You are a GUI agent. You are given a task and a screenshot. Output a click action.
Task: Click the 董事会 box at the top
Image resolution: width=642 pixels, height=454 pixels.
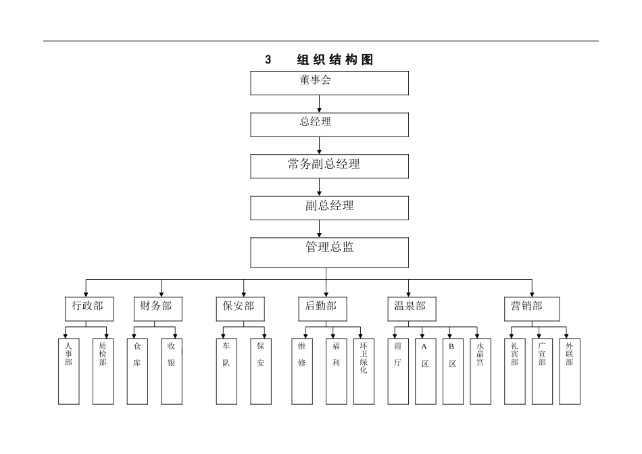point(330,82)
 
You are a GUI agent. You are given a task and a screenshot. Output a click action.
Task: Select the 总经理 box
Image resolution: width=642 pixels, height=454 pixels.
point(330,124)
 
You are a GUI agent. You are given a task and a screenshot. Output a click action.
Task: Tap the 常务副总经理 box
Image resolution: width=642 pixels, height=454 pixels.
point(330,166)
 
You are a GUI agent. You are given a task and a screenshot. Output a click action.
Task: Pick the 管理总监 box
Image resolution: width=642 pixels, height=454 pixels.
point(330,252)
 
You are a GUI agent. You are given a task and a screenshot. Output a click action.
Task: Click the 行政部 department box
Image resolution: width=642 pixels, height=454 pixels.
point(89,307)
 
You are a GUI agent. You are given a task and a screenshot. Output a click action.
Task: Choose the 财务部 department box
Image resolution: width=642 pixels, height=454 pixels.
point(156,307)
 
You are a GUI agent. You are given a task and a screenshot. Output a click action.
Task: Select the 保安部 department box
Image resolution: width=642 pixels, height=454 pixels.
point(239,307)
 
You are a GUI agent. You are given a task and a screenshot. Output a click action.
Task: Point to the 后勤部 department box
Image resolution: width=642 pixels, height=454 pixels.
point(322,307)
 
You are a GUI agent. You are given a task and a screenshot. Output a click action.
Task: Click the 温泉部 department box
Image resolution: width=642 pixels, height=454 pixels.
point(411,307)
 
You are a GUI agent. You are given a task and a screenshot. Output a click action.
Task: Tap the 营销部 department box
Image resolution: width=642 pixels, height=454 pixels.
point(527,307)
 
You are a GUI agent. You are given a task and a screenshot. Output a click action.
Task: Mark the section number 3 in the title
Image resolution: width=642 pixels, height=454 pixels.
point(268,60)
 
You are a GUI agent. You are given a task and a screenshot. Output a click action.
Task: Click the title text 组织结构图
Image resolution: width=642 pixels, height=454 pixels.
point(335,60)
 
